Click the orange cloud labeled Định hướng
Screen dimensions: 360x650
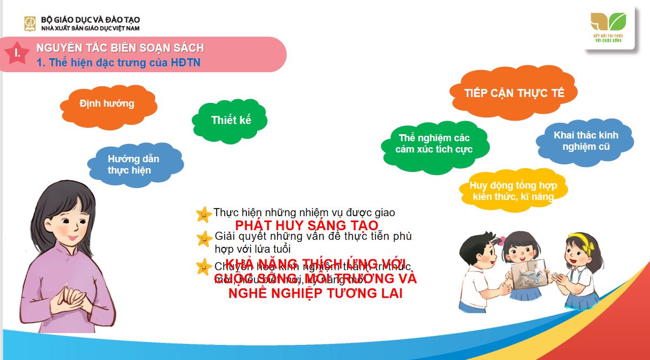point(107,103)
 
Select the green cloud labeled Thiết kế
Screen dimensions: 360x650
point(231,120)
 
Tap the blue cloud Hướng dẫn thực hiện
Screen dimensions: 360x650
point(133,164)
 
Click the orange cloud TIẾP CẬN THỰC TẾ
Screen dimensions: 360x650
point(514,93)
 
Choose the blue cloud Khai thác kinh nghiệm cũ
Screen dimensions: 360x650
point(585,141)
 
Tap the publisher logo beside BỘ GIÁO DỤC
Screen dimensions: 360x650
point(30,23)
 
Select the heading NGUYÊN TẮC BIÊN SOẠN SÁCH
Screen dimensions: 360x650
point(120,48)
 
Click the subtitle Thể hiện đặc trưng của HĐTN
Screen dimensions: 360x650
point(119,63)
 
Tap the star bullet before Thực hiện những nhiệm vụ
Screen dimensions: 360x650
point(204,214)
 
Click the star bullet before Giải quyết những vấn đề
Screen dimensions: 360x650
point(204,238)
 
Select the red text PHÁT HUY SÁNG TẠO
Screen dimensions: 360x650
point(307,225)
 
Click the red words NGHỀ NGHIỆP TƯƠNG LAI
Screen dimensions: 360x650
point(315,294)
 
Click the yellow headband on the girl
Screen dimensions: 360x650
point(580,239)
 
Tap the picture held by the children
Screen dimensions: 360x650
point(526,272)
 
